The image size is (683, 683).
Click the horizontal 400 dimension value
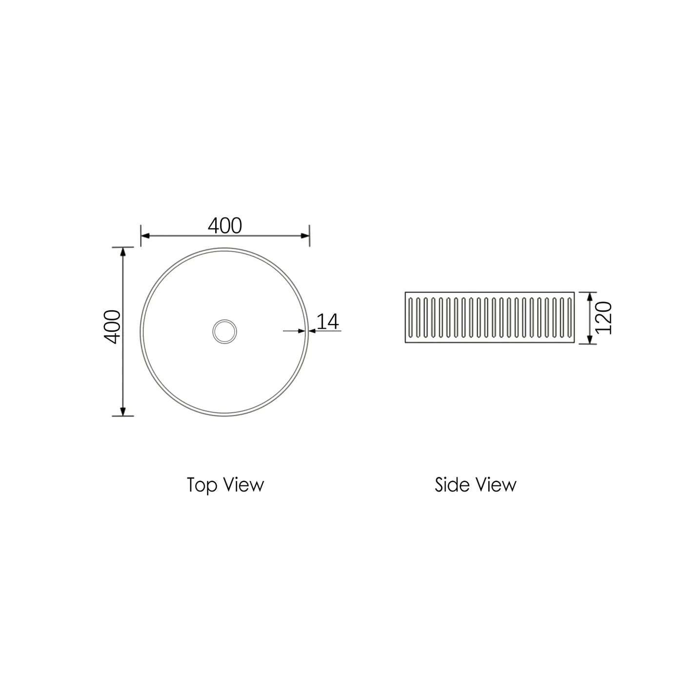point(225,225)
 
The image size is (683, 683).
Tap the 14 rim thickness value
point(328,322)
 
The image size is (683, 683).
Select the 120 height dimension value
point(604,318)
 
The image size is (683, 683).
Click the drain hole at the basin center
point(225,331)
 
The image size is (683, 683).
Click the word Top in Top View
point(201,485)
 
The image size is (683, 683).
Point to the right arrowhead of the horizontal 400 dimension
point(305,236)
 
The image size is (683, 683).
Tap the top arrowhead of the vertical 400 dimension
point(123,251)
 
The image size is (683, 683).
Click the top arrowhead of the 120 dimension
point(589,297)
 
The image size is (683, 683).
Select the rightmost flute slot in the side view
point(569,318)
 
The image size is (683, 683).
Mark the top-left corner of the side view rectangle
point(405,292)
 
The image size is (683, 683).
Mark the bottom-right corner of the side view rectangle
point(576,343)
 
